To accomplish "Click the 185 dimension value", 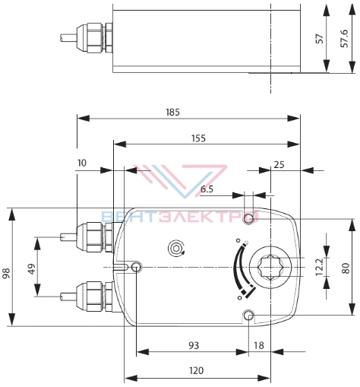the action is tap(172, 112).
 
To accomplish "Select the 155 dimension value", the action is tap(198, 138).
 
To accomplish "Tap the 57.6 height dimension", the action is tap(344, 39).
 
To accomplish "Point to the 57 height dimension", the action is tap(320, 39).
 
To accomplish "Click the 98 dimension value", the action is tap(6, 273).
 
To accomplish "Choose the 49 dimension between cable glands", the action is tap(32, 268).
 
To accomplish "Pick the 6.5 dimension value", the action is tap(207, 189).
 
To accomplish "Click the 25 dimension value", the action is tap(279, 165).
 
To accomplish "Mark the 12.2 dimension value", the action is tap(320, 267).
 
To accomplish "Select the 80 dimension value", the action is tap(346, 268).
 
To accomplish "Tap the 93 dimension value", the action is tap(194, 345).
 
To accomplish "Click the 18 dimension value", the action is tap(259, 345).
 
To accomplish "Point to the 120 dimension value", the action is tap(197, 370).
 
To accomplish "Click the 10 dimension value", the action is tap(82, 163).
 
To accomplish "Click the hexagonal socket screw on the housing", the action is tap(175, 249).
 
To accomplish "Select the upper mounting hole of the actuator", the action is tap(249, 218).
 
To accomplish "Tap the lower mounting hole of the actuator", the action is tap(249, 316).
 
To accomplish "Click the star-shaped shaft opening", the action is tap(270, 268).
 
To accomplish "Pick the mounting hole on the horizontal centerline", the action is tap(137, 267).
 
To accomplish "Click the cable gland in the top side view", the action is tap(94, 38).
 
